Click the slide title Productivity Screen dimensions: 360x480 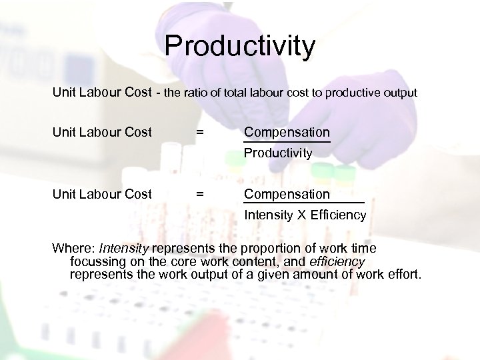tap(239, 46)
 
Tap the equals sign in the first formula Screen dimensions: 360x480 tap(199, 133)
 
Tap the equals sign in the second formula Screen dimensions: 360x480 tap(199, 194)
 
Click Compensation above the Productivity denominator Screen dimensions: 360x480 tap(287, 133)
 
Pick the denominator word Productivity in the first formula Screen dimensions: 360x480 tap(278, 153)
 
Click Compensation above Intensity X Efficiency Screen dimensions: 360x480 tap(287, 194)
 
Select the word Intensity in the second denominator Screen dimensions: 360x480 tap(267, 215)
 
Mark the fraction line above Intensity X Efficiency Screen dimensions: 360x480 tap(304, 203)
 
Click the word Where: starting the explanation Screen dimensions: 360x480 tap(73, 249)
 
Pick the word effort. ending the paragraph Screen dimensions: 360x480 tap(403, 274)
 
